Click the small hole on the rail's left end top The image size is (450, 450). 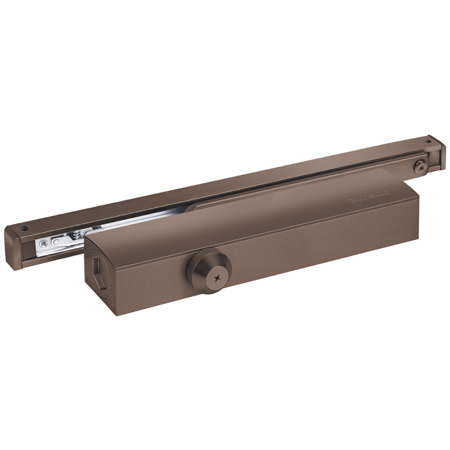[x=25, y=228]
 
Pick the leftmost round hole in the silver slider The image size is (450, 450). [x=43, y=244]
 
